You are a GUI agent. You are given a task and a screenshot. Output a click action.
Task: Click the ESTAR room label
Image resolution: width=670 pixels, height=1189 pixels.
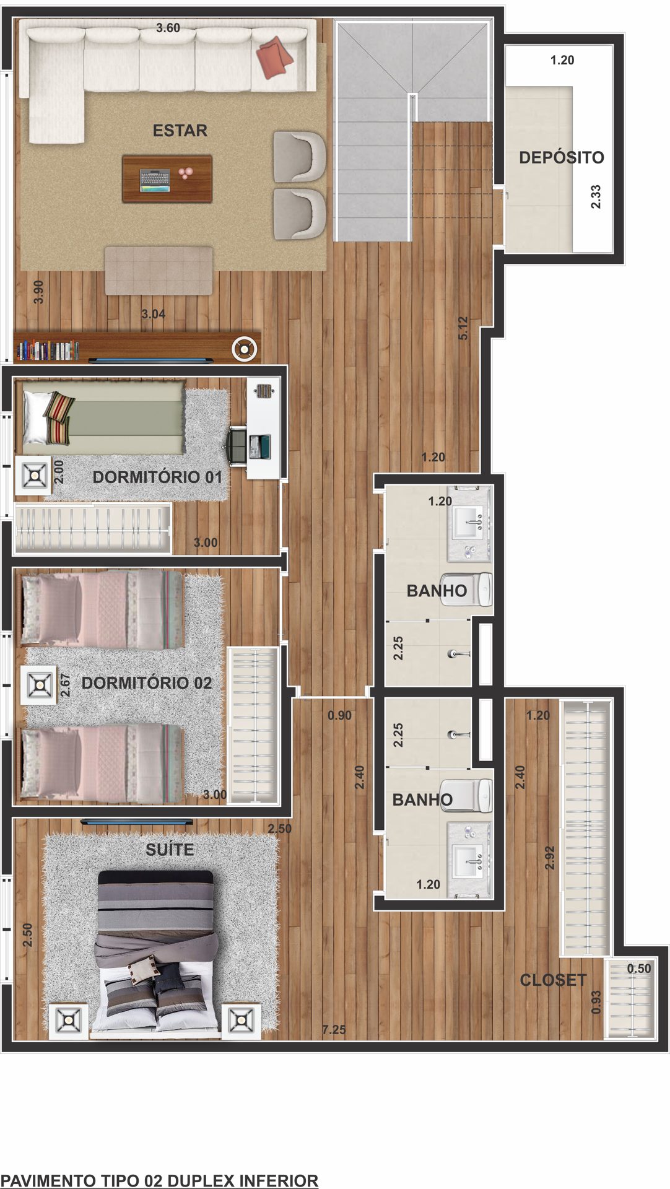(x=180, y=131)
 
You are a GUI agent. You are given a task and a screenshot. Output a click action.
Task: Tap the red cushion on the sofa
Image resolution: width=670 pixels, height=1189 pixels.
(x=275, y=57)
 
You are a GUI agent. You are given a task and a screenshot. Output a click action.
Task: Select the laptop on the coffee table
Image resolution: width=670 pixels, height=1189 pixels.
(x=154, y=180)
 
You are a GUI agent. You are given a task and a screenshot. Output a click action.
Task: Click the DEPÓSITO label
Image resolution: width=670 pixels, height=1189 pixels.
(x=561, y=157)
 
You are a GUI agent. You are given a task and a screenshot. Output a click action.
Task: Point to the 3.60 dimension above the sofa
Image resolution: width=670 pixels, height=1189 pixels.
(x=168, y=28)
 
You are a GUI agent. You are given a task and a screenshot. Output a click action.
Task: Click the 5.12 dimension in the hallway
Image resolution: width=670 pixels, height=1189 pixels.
(x=463, y=328)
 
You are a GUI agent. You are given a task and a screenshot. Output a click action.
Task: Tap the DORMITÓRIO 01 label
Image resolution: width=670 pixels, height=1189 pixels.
(x=157, y=477)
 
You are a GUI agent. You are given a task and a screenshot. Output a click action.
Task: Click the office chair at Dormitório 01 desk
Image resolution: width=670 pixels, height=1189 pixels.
(x=237, y=445)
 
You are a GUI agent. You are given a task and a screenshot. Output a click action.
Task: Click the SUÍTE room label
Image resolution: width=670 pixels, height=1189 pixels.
(x=170, y=850)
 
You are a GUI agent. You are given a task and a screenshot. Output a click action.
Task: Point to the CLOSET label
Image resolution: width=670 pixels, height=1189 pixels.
(x=553, y=980)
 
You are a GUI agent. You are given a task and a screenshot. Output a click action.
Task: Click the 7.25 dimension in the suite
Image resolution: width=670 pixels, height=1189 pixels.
(x=334, y=1030)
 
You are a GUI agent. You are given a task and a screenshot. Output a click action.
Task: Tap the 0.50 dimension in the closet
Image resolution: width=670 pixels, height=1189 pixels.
(x=639, y=969)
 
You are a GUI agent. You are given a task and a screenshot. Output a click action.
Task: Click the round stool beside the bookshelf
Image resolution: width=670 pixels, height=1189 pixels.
(x=244, y=349)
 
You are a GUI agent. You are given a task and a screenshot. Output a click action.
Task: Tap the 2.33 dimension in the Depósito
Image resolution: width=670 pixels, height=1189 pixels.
(x=596, y=196)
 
